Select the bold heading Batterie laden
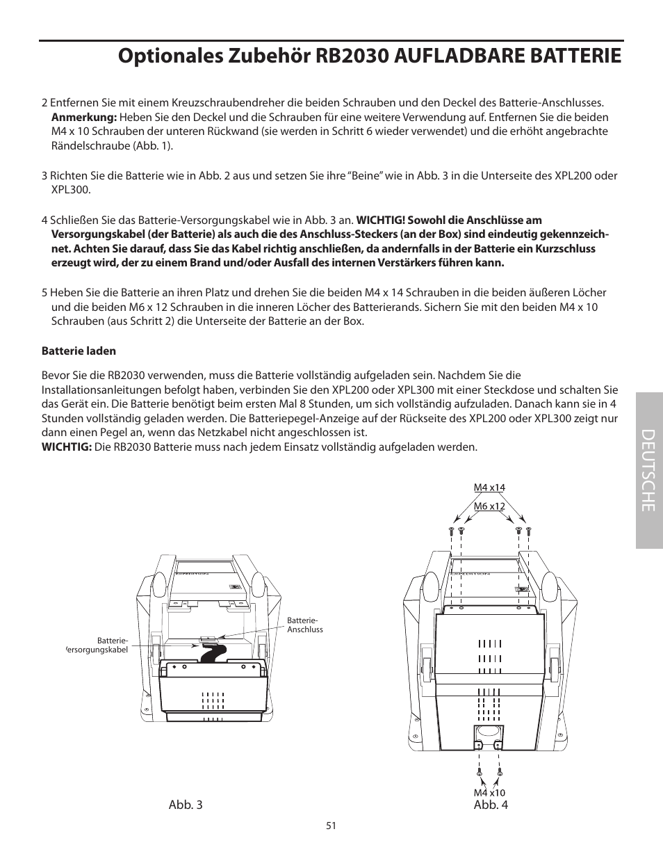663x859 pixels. point(79,351)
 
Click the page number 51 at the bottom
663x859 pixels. point(331,826)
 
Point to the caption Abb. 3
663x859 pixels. point(186,805)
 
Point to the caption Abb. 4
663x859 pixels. point(491,805)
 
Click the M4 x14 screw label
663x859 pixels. point(489,488)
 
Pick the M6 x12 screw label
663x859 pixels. point(489,506)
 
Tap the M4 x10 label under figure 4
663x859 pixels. point(489,792)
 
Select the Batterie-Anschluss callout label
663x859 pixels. point(304,625)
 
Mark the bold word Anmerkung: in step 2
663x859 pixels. point(83,118)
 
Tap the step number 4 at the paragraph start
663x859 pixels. point(44,220)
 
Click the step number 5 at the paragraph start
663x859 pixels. point(44,293)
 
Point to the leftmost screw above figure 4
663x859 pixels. point(450,531)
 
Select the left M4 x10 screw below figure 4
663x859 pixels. point(479,772)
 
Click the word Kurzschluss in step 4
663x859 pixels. point(566,248)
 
